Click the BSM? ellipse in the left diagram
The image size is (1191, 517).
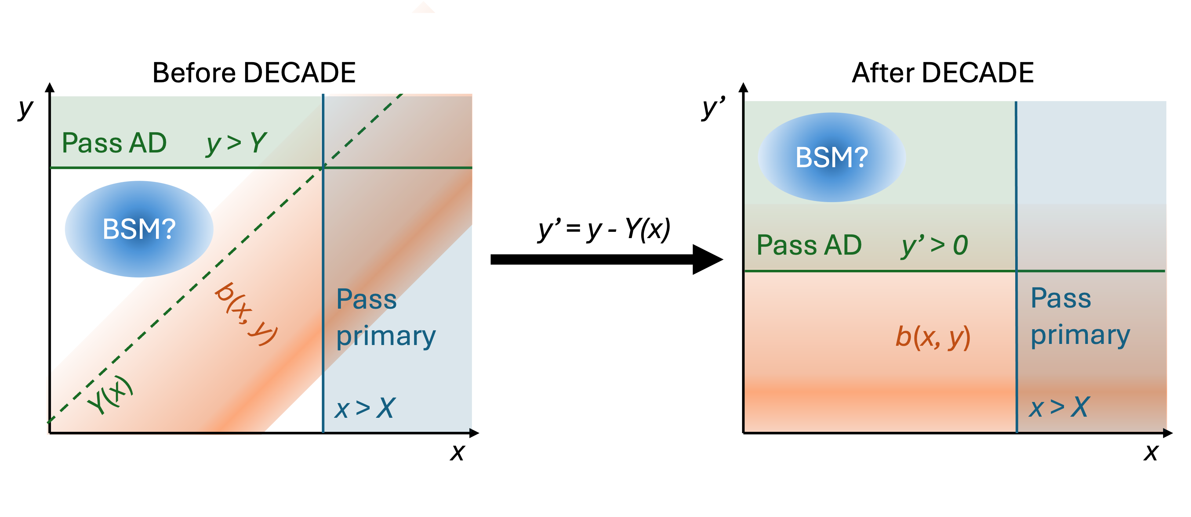point(139,229)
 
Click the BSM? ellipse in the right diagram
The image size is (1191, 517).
point(831,157)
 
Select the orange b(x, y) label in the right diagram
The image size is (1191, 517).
point(933,337)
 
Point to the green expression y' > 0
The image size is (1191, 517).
point(934,245)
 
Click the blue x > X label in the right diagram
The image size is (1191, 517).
point(1059,407)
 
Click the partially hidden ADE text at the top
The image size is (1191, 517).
point(331,73)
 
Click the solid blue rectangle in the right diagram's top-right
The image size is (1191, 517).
point(1090,152)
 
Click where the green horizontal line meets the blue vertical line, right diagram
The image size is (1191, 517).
point(1016,271)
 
